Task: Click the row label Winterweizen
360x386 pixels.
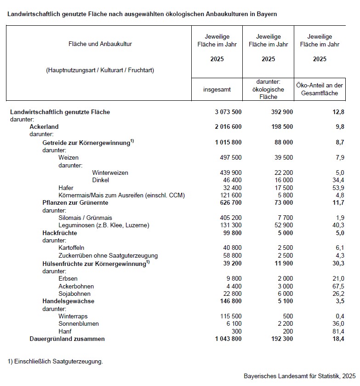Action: [110, 173]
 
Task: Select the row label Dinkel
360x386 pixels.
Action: [100, 180]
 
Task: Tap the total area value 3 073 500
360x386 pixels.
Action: [228, 112]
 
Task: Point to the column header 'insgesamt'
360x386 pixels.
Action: [217, 90]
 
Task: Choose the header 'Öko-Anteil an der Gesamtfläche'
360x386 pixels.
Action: [320, 90]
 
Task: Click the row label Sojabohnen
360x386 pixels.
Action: [74, 294]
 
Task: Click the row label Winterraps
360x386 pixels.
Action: [73, 317]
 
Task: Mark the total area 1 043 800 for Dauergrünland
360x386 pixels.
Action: [228, 339]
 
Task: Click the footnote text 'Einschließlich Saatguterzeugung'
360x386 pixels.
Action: [57, 361]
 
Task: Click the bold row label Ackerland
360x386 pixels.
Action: [44, 127]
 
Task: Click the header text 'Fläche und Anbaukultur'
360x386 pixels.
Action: [99, 44]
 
